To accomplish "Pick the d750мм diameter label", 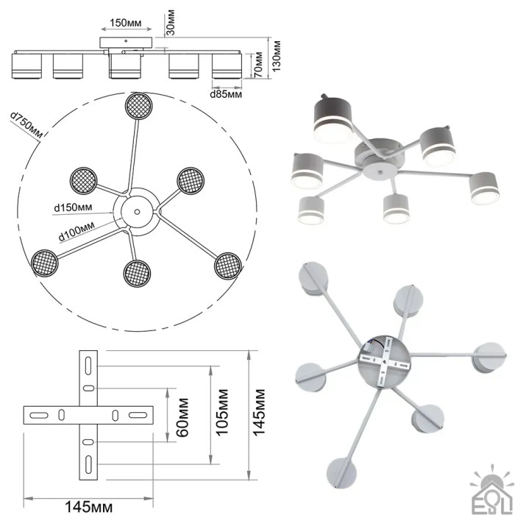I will click(26, 126).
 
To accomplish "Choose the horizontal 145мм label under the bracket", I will click(88, 506).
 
